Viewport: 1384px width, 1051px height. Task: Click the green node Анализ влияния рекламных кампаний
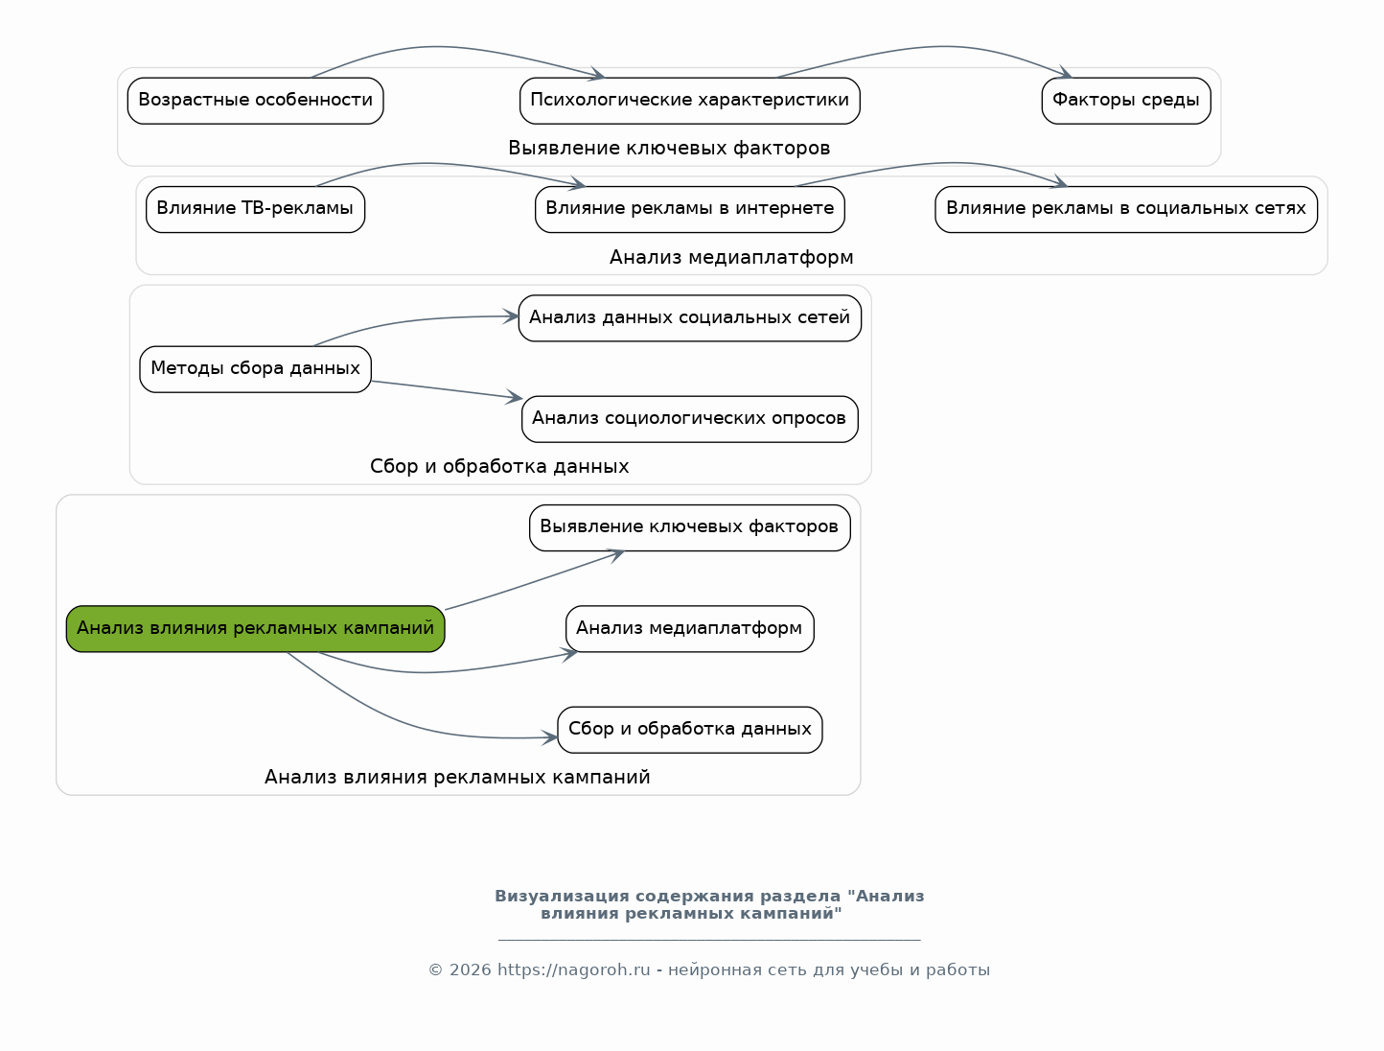click(x=255, y=629)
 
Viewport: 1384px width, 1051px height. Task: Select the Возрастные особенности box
click(x=255, y=101)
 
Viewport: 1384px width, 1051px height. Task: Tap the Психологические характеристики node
click(x=690, y=101)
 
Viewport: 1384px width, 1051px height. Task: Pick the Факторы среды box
click(x=1126, y=101)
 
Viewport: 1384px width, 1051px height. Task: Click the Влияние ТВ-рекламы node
click(x=255, y=209)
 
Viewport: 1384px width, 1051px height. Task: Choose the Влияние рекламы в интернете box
click(x=690, y=209)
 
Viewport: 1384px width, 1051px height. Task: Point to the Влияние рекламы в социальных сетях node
click(x=1126, y=209)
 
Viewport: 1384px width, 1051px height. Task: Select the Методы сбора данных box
click(x=255, y=369)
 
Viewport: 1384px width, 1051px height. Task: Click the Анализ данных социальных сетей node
click(x=690, y=318)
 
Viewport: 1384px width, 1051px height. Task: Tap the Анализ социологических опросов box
click(x=690, y=419)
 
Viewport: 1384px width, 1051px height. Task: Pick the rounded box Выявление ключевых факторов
click(x=690, y=527)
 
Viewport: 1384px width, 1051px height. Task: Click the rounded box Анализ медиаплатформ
click(x=690, y=629)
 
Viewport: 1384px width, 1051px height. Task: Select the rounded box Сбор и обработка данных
click(x=690, y=729)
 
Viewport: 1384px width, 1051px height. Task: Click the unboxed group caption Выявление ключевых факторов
click(x=669, y=149)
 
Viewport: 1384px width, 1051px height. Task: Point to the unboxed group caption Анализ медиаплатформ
click(x=731, y=257)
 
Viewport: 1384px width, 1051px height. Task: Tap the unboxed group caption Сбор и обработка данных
click(x=499, y=466)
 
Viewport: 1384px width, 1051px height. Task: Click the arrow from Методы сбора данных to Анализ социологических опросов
click(x=447, y=390)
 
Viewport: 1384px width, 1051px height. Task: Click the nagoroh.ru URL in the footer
click(x=573, y=969)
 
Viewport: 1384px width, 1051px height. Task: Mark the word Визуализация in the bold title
click(x=562, y=897)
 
